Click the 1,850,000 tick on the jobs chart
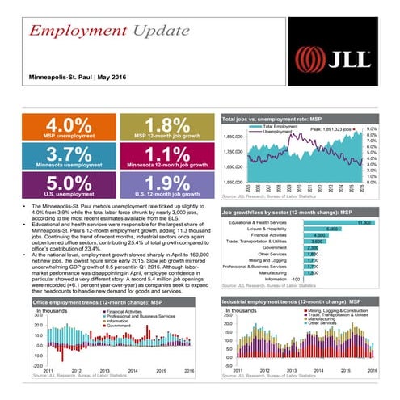233,137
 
